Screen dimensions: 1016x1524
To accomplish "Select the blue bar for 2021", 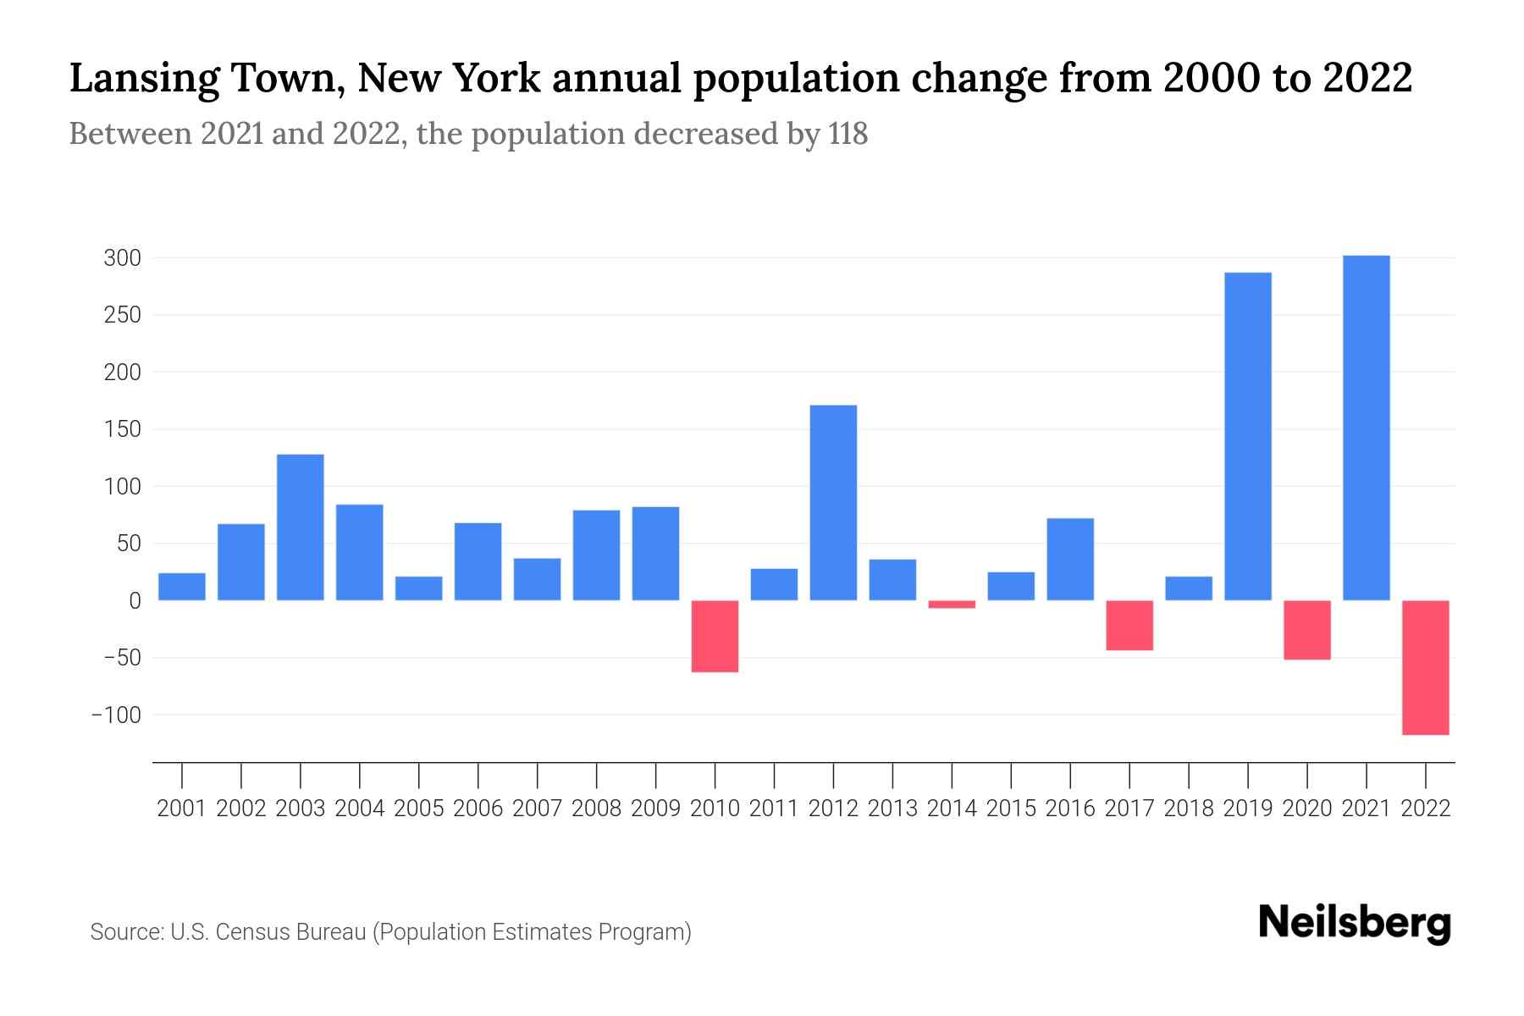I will coord(1366,428).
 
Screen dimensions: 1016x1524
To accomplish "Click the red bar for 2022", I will coord(1425,667).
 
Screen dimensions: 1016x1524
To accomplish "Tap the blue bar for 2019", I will coord(1247,436).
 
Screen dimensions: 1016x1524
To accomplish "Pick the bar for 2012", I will coord(833,503).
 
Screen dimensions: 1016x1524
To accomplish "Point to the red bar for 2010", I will coord(715,636).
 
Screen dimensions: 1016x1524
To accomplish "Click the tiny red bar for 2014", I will coord(952,605).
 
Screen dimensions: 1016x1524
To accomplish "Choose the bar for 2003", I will coord(301,527).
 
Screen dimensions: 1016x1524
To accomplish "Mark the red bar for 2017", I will coord(1129,625).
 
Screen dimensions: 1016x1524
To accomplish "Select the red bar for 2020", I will coord(1306,630).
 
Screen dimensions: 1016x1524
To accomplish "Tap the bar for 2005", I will coord(419,588).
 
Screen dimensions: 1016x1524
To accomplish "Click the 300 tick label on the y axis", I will coord(122,258).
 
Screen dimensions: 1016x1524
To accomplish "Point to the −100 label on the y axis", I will coord(116,715).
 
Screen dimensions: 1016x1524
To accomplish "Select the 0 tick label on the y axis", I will coord(135,601).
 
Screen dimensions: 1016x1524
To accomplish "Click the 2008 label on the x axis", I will coord(596,809).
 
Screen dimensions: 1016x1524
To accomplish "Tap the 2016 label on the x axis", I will coord(1070,809).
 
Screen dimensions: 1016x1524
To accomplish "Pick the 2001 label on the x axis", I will coord(182,809).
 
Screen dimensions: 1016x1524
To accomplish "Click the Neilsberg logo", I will coord(1354,924).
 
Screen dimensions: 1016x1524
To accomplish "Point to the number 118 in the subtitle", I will coord(848,134).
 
